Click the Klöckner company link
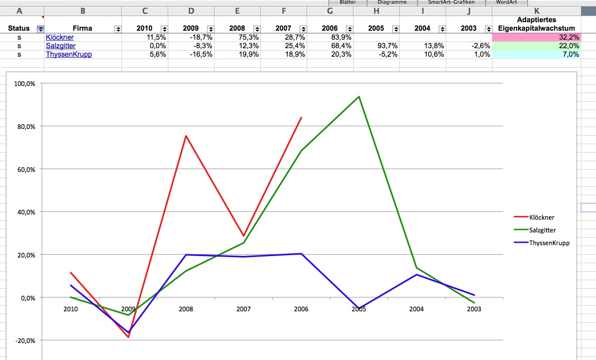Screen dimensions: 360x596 click(x=60, y=37)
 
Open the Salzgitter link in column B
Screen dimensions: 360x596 click(x=60, y=46)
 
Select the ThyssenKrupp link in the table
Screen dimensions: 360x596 click(x=69, y=54)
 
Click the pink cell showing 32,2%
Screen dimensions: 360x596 click(x=536, y=37)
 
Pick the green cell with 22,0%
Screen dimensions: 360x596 click(x=536, y=46)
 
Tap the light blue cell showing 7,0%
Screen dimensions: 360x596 click(x=536, y=54)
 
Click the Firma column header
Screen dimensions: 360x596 click(x=82, y=28)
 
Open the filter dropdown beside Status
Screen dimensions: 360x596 click(x=40, y=28)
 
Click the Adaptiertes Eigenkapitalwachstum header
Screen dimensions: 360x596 click(x=536, y=24)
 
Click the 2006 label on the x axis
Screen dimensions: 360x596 click(x=301, y=309)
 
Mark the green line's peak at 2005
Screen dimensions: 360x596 click(x=359, y=96)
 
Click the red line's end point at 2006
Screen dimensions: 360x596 click(x=301, y=118)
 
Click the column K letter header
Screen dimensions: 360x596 click(x=536, y=11)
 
